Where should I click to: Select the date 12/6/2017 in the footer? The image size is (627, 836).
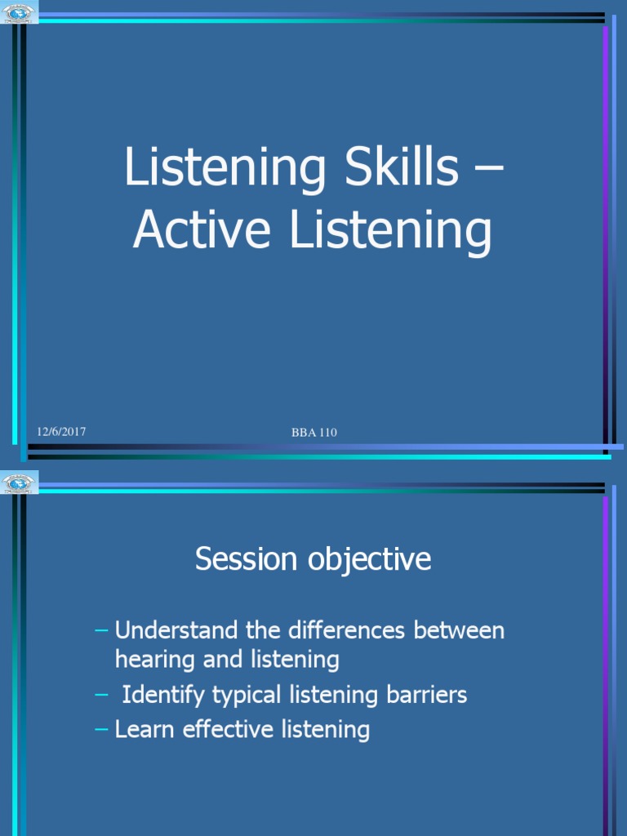coord(60,431)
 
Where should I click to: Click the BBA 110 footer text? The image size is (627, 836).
coord(314,433)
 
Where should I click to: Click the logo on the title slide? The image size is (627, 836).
coord(20,14)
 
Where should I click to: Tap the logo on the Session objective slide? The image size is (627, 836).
coord(20,482)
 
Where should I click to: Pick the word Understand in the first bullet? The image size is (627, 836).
coord(172,630)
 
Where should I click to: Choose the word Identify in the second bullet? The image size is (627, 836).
coord(163,695)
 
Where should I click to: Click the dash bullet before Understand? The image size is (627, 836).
coord(101,631)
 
